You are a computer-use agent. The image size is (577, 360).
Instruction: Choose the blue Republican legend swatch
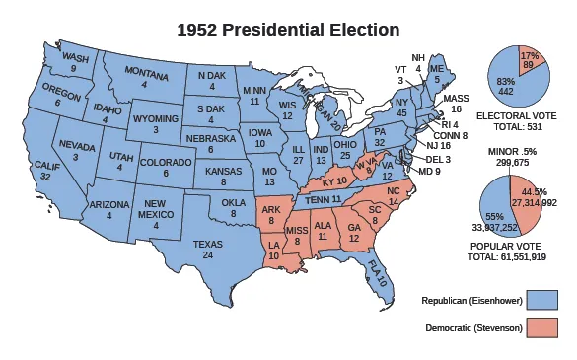coord(543,300)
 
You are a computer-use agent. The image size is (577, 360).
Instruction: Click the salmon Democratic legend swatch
coord(543,327)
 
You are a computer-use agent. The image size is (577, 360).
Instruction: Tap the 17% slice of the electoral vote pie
coord(530,59)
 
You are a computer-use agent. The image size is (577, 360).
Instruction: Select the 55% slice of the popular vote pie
coord(493,211)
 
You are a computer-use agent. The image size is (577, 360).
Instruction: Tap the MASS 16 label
coord(456,105)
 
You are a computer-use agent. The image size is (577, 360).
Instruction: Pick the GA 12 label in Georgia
coord(354,232)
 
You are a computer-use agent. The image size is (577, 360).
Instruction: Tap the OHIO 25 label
coord(345,149)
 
